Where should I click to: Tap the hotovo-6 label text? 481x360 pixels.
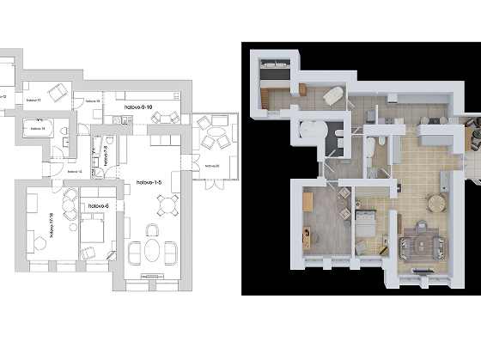(x=96, y=206)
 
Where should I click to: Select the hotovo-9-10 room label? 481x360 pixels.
(x=138, y=107)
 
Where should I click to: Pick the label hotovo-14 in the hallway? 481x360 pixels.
(x=73, y=172)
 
